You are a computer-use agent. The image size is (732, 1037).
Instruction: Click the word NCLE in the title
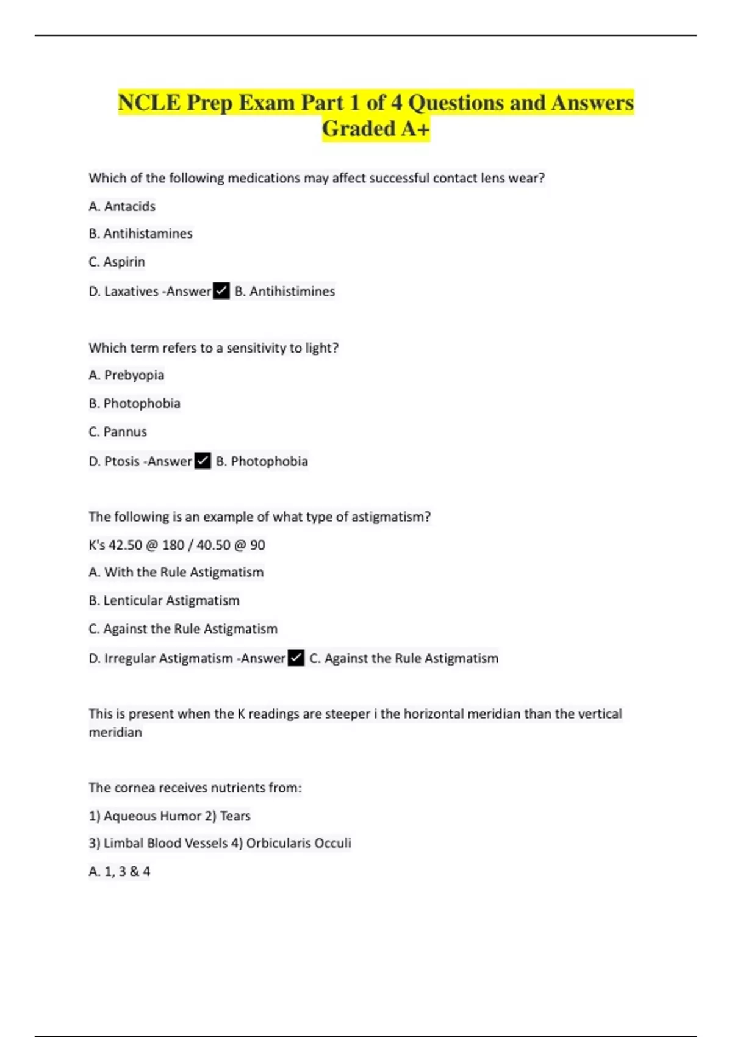[x=149, y=102]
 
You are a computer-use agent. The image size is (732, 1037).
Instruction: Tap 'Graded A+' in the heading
[x=376, y=129]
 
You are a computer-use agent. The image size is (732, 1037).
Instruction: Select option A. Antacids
[x=122, y=206]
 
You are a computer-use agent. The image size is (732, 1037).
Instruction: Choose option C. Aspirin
[x=117, y=262]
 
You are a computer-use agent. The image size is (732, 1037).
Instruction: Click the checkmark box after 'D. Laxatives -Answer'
[x=221, y=291]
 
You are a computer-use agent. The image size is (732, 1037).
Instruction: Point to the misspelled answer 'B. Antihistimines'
[x=285, y=292]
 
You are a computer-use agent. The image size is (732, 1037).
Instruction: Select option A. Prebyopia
[x=126, y=375]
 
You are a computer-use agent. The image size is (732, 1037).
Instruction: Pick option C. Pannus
[x=118, y=432]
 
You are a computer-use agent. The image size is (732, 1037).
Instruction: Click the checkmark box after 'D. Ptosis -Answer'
[x=203, y=461]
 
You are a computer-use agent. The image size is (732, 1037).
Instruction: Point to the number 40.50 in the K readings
[x=213, y=545]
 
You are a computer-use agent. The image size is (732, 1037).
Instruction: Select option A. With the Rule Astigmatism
[x=176, y=572]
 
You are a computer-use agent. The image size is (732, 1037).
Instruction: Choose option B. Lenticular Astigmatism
[x=164, y=600]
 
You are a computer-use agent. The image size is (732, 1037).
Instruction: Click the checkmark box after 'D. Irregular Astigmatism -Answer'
[x=296, y=658]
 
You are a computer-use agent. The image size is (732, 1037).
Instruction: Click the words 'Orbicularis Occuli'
[x=298, y=843]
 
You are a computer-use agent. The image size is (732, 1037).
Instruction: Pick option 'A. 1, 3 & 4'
[x=120, y=871]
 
